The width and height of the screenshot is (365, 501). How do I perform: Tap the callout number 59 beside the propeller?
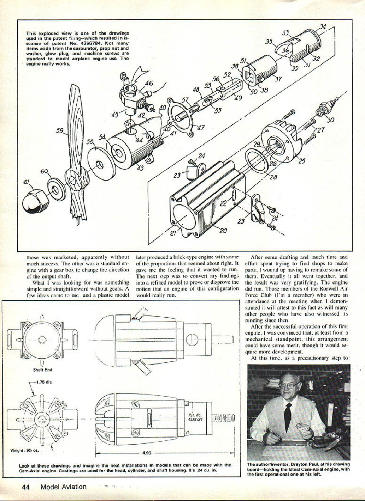pyautogui.click(x=60, y=130)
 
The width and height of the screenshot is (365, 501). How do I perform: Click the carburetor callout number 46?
pyautogui.click(x=149, y=84)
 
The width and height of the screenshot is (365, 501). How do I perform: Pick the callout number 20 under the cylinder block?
pyautogui.click(x=223, y=231)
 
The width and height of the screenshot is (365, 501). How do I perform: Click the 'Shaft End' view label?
pyautogui.click(x=43, y=370)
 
